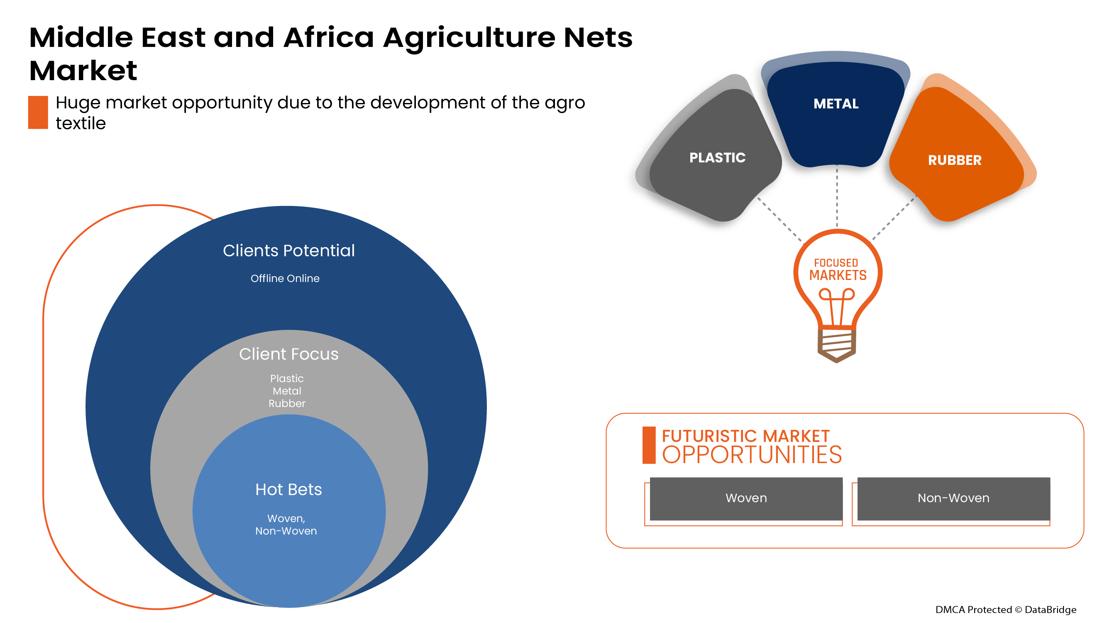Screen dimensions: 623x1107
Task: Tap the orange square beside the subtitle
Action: (38, 112)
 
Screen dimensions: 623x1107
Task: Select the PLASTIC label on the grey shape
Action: (717, 158)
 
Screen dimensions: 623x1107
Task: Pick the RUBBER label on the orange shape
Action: (954, 160)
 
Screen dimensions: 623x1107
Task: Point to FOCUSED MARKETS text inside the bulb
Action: (838, 270)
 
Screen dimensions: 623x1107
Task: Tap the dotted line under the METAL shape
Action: (837, 196)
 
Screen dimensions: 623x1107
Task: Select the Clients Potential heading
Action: (289, 251)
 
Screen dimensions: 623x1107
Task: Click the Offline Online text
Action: (285, 279)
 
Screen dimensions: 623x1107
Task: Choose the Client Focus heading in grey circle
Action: (289, 354)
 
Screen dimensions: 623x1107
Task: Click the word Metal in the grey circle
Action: (287, 391)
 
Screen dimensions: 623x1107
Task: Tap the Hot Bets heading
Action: (288, 490)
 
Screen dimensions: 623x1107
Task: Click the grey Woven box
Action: (746, 498)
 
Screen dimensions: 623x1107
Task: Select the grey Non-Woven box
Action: (953, 498)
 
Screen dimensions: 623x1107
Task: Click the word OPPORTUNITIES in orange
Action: (752, 455)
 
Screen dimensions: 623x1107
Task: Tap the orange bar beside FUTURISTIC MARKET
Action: (649, 445)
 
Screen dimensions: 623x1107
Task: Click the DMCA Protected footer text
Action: (1006, 610)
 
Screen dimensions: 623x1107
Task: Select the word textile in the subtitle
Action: (81, 124)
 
